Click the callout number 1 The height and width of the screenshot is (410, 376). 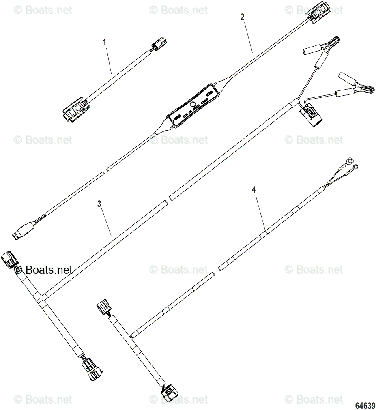pos(105,42)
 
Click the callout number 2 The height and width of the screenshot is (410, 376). pos(242,17)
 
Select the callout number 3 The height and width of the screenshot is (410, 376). pos(99,204)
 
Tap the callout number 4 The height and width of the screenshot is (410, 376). pos(254,189)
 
